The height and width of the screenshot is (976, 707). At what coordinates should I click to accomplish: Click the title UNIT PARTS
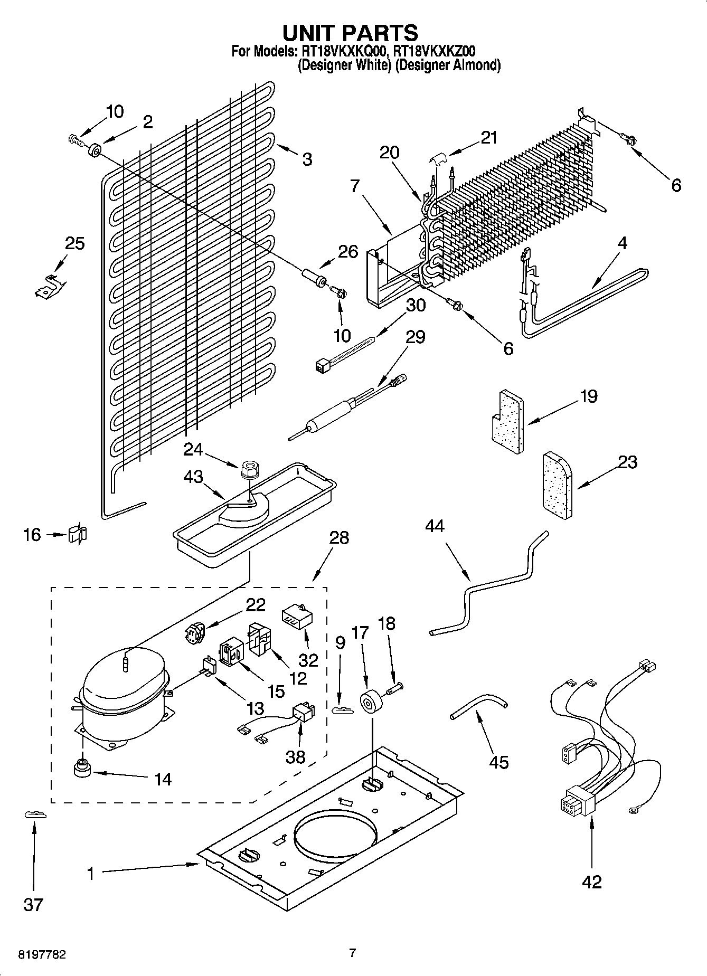[x=351, y=33]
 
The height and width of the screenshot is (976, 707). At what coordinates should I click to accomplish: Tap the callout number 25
[x=74, y=243]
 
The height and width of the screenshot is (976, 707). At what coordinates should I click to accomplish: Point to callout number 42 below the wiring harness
[x=592, y=882]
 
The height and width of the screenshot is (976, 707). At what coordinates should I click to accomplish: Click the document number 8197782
[x=42, y=955]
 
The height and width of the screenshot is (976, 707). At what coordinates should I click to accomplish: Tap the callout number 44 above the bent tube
[x=435, y=526]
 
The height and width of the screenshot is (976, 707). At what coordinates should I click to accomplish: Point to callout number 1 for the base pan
[x=90, y=874]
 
